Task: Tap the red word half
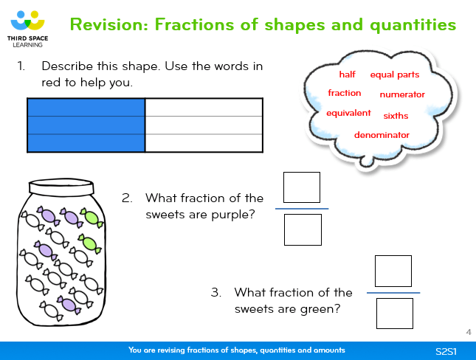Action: coord(347,75)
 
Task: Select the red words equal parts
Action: coord(395,75)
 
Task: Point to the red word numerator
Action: coord(402,94)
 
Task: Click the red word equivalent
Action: coord(348,113)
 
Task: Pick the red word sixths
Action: coord(396,116)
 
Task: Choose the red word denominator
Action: coord(382,135)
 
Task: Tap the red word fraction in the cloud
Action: coord(344,93)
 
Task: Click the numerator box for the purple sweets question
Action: coord(302,187)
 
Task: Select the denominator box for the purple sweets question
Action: coord(303,229)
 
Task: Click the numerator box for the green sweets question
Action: coord(393,271)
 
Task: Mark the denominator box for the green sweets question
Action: coord(395,314)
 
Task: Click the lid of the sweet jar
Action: coord(61,187)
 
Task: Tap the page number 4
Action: coord(469,332)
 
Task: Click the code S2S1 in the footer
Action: coord(446,351)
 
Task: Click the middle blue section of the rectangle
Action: coord(86,125)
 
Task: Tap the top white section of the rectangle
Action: coord(204,108)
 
